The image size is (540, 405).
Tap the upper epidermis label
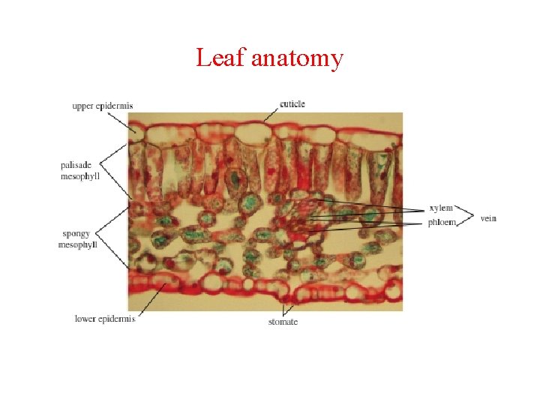coord(102,106)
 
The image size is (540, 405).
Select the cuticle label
coord(292,103)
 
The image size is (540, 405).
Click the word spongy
coord(76,235)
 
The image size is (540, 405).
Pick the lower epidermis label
coord(104,319)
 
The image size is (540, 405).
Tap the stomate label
coord(283,322)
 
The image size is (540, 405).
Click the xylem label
coord(440,208)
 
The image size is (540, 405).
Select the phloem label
coord(441,223)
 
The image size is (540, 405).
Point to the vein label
coord(488,218)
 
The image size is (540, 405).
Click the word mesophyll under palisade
coord(79,177)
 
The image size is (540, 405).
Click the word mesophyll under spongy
coord(78,245)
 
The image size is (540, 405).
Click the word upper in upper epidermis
coord(83,106)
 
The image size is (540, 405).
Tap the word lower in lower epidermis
coord(85,319)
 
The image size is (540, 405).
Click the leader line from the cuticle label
coord(271,112)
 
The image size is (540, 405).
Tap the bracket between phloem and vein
coord(466,216)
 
